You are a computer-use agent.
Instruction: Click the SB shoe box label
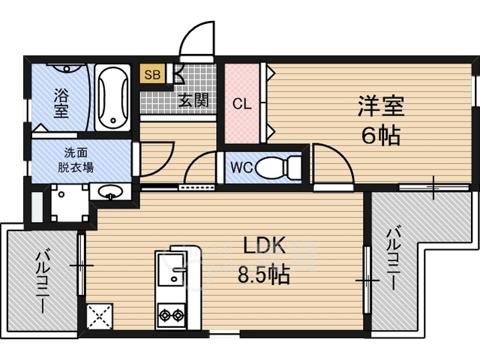coord(152,74)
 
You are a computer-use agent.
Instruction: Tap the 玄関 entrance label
coord(193,100)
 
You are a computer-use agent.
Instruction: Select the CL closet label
coord(241,104)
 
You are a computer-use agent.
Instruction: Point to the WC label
coord(241,168)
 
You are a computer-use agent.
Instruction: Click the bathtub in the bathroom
coord(112,98)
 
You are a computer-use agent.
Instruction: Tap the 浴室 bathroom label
coord(61,103)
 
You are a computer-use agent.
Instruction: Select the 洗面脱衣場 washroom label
coord(76,160)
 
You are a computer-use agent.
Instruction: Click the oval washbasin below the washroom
coord(110,192)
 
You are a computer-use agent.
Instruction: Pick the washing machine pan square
coord(70,202)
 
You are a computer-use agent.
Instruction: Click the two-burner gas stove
coord(172,315)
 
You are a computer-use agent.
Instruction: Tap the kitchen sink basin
coord(172,270)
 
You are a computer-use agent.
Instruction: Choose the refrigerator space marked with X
coord(100,316)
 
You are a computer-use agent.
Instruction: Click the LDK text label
coord(264,245)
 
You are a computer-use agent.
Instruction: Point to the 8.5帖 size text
coord(263,274)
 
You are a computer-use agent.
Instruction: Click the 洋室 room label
coord(381,106)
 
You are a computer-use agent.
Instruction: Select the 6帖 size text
coord(381,135)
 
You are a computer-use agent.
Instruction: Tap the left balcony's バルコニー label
coord(43,282)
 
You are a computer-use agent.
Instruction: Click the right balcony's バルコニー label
coord(393,258)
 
